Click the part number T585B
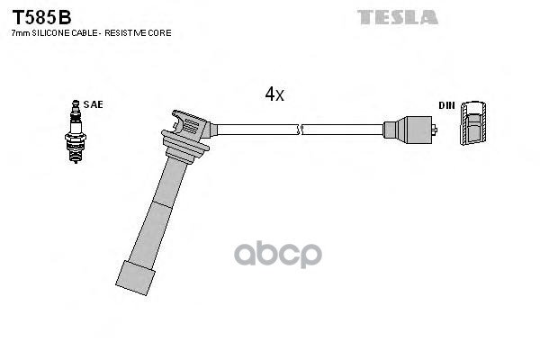coord(40,15)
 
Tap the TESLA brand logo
coord(397,16)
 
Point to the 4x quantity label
coord(274,94)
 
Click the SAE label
coord(93,104)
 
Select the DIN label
coord(446,105)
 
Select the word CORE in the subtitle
coord(158,33)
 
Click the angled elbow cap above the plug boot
coord(191,125)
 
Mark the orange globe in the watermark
coord(278,254)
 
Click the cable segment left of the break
coord(256,129)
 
